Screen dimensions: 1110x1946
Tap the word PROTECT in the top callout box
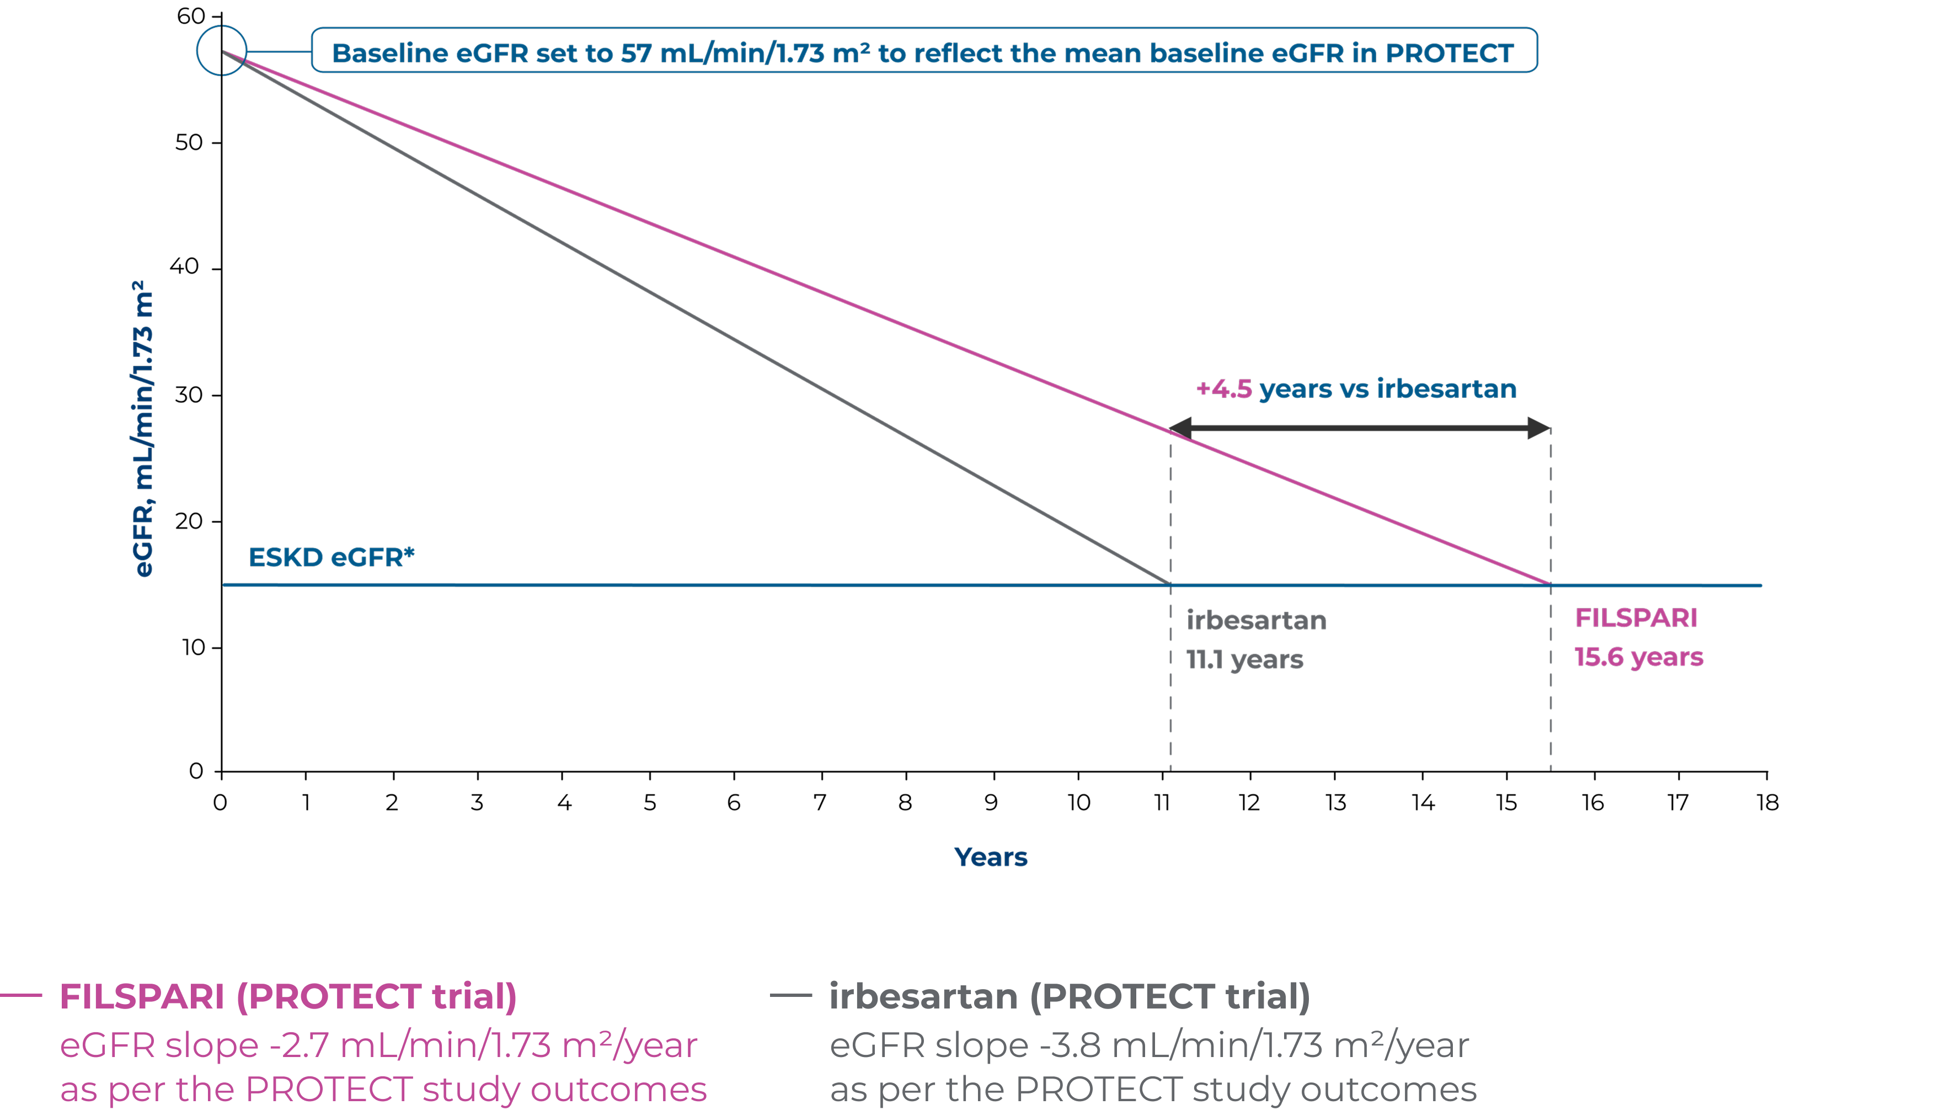pos(1449,54)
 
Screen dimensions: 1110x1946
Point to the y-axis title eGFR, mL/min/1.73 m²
pos(143,429)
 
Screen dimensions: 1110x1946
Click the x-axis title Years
pos(990,857)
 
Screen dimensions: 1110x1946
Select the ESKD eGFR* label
pos(332,557)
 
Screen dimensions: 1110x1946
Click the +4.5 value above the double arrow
pos(1224,389)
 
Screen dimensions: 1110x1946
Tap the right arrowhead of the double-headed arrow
pos(1539,429)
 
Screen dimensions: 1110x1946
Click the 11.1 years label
pos(1244,659)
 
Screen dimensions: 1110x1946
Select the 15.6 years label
pos(1638,657)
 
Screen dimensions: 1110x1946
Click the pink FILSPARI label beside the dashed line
pos(1636,617)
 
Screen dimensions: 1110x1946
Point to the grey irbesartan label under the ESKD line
pos(1256,621)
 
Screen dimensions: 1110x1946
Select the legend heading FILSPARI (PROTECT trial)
pos(288,996)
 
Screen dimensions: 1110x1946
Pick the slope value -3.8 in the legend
pos(1070,1045)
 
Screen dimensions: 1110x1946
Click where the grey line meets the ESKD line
pos(1170,585)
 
